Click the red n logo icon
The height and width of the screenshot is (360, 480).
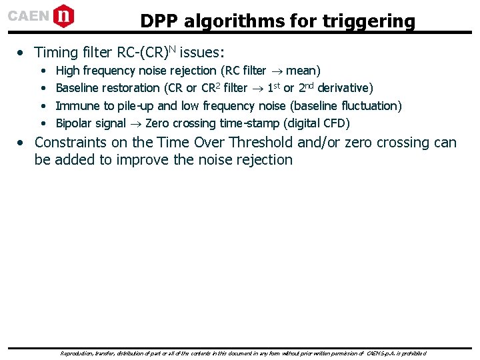pos(63,15)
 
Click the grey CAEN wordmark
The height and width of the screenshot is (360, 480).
pos(28,16)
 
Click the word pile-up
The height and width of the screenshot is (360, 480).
pos(136,105)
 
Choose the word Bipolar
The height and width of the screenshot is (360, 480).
pos(75,123)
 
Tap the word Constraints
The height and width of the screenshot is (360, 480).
pos(73,142)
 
